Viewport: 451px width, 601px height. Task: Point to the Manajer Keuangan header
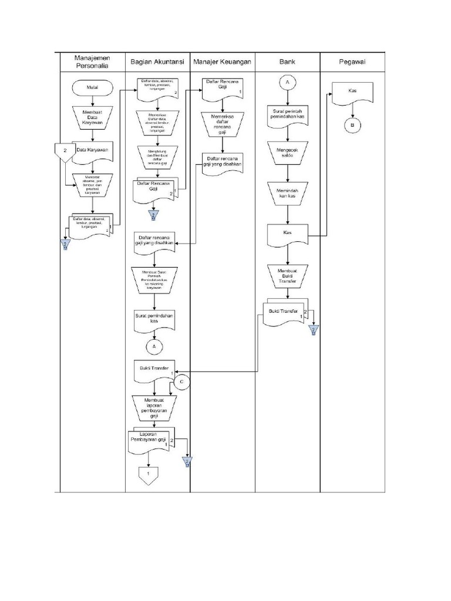tap(223, 61)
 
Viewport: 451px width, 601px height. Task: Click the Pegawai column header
tap(352, 61)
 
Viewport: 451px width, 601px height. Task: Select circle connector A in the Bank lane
tap(288, 83)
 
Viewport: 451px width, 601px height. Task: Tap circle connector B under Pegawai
tap(352, 126)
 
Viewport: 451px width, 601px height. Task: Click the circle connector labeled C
tap(181, 382)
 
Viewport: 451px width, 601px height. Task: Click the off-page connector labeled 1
tap(149, 474)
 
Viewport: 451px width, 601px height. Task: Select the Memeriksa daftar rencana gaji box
tap(222, 124)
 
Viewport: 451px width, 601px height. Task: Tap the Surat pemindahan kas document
tap(154, 319)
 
